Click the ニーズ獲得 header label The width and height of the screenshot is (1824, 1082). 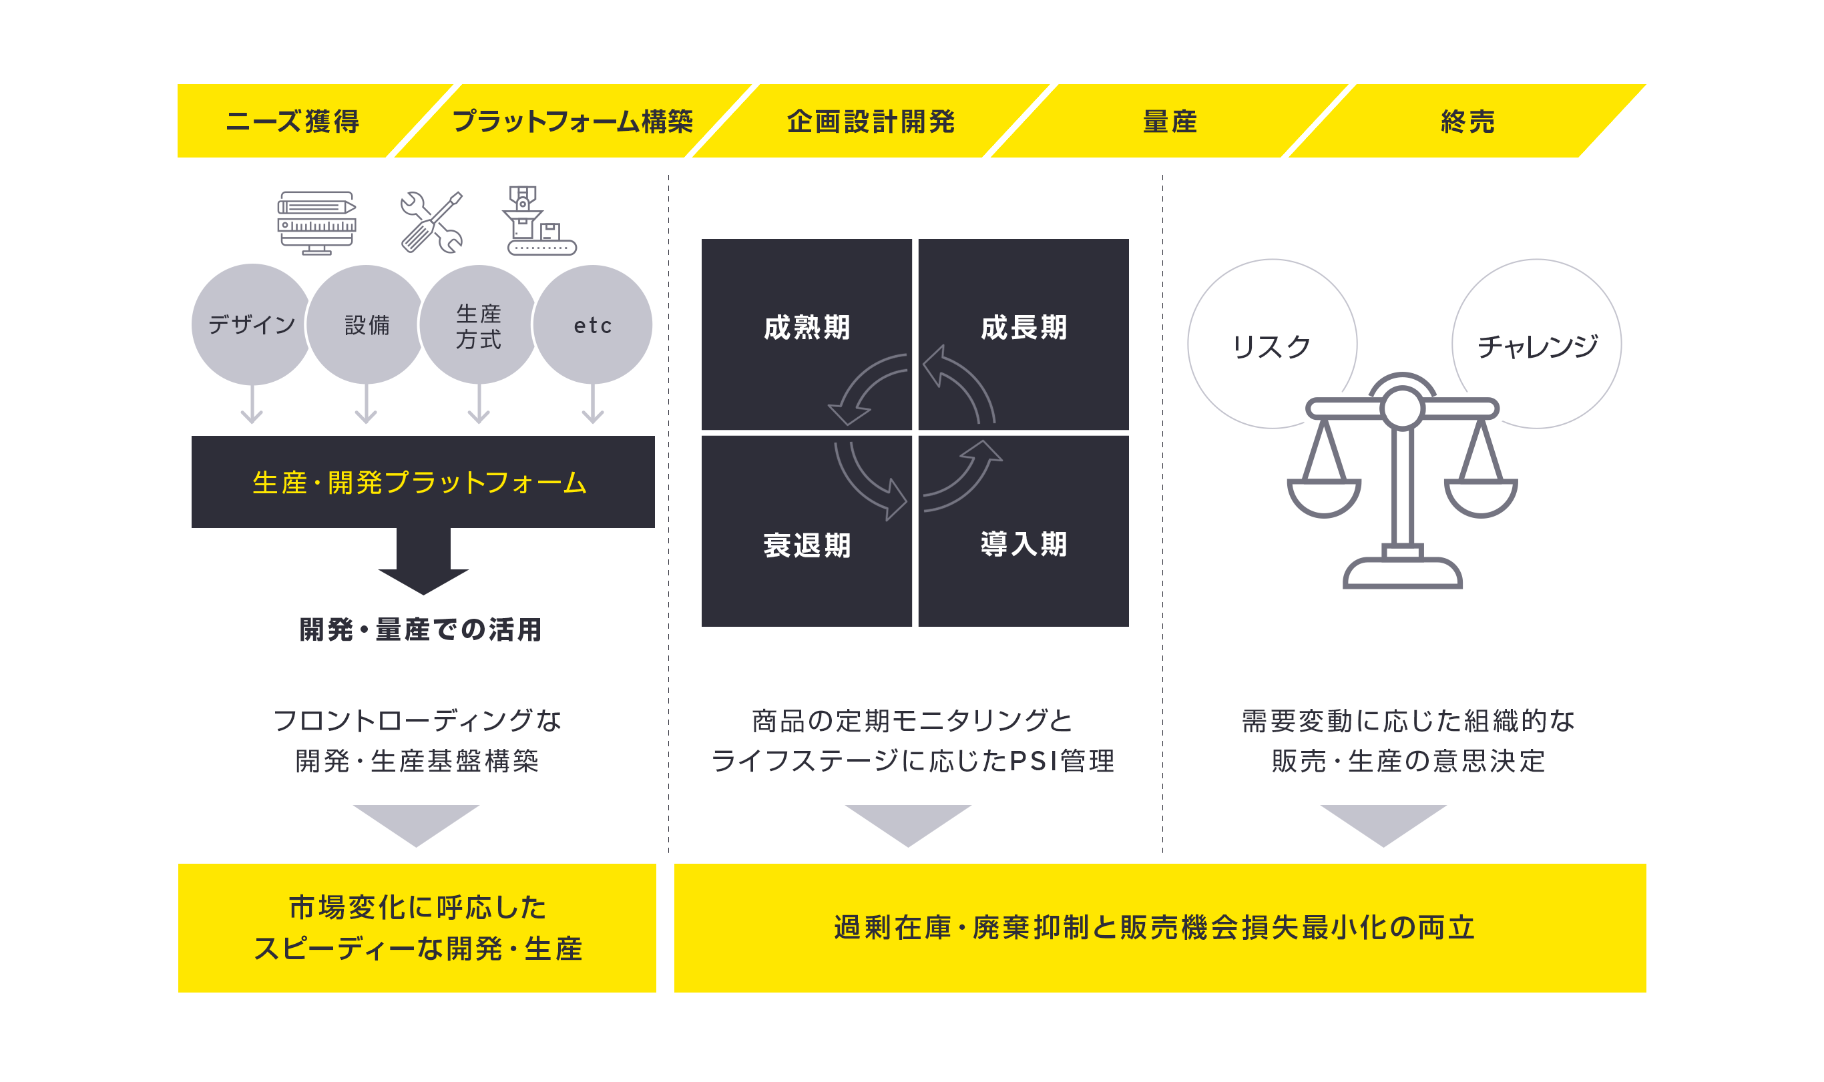pyautogui.click(x=292, y=121)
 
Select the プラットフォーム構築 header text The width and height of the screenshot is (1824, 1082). pyautogui.click(x=573, y=121)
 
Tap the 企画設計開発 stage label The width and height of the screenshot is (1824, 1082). pyautogui.click(x=871, y=121)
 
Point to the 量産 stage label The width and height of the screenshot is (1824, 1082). pyautogui.click(x=1170, y=121)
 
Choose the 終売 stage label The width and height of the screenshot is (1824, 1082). pyautogui.click(x=1467, y=121)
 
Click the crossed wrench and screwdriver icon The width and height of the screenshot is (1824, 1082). pyautogui.click(x=432, y=222)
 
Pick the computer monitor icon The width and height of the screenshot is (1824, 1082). pyautogui.click(x=316, y=223)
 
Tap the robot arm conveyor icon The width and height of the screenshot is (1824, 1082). pyautogui.click(x=539, y=220)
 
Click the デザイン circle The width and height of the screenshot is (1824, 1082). pyautogui.click(x=252, y=324)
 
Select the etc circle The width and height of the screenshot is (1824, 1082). pyautogui.click(x=592, y=324)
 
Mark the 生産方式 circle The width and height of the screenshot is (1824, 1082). pyautogui.click(x=479, y=324)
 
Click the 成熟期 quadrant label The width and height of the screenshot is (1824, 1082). pyautogui.click(x=807, y=327)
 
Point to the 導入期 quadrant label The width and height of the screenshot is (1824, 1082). pyautogui.click(x=1023, y=544)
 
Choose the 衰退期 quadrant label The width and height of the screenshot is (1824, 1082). pyautogui.click(x=807, y=545)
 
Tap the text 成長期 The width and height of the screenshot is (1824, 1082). pyautogui.click(x=1023, y=327)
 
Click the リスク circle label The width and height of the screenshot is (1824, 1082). pyautogui.click(x=1271, y=346)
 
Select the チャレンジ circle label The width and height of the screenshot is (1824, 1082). pyautogui.click(x=1537, y=346)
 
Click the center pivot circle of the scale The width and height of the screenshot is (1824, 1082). pyautogui.click(x=1402, y=409)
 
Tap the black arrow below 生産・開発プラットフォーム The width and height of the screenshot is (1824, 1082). pyautogui.click(x=423, y=560)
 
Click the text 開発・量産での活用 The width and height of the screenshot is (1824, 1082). pyautogui.click(x=421, y=629)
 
